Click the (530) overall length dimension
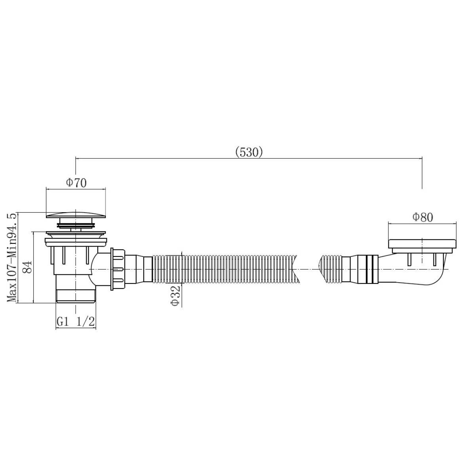pyautogui.click(x=249, y=153)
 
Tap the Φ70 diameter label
pyautogui.click(x=76, y=182)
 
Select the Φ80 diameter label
pyautogui.click(x=422, y=217)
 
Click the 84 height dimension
pyautogui.click(x=27, y=266)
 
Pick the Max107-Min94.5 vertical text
pyautogui.click(x=11, y=258)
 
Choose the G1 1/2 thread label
pyautogui.click(x=76, y=321)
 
